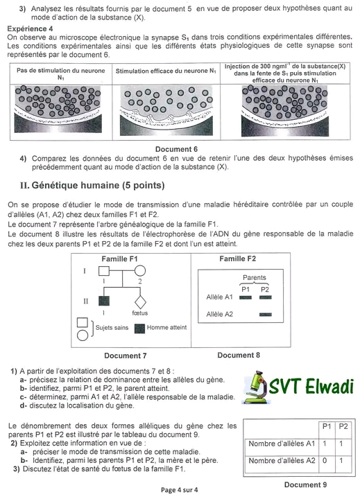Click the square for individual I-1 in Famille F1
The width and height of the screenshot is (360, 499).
click(104, 271)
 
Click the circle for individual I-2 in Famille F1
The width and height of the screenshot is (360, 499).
click(139, 271)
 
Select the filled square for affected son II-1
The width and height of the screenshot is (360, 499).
click(104, 301)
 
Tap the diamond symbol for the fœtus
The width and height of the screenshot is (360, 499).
click(140, 302)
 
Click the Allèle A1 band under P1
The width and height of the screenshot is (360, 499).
click(246, 297)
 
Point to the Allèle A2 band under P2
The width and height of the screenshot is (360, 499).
click(266, 315)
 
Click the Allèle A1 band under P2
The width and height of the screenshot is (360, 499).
click(266, 297)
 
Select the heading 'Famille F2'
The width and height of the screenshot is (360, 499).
click(238, 259)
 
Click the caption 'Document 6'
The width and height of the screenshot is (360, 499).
click(176, 149)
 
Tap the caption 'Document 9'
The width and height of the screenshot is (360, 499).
click(305, 484)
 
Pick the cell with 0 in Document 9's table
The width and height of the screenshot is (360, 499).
click(325, 460)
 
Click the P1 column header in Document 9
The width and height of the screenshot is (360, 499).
click(327, 426)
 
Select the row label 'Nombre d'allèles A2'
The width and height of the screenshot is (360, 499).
click(282, 460)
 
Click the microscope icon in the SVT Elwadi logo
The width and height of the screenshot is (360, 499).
click(256, 387)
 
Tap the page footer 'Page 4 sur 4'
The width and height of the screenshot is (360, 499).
click(180, 490)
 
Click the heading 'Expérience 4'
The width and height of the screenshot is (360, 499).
click(30, 28)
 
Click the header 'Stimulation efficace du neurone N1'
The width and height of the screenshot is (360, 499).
click(166, 71)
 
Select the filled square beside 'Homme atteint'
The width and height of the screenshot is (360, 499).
click(139, 329)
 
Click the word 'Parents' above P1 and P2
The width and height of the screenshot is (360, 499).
click(255, 277)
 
